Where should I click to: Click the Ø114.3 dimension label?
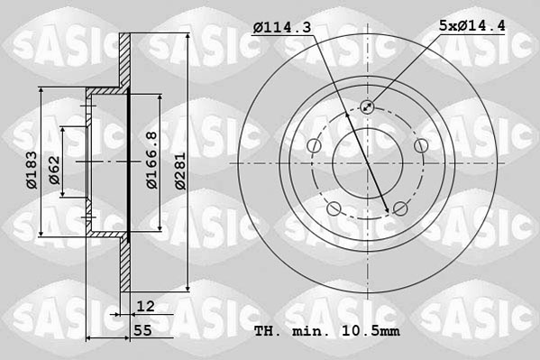(282, 29)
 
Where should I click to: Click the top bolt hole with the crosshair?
(367, 107)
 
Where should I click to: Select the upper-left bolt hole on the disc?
(313, 146)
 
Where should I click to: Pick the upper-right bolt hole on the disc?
(420, 146)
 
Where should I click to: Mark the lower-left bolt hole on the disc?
(334, 210)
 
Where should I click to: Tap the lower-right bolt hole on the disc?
(400, 210)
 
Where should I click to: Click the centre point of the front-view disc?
(367, 163)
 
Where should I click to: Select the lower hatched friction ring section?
(125, 266)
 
